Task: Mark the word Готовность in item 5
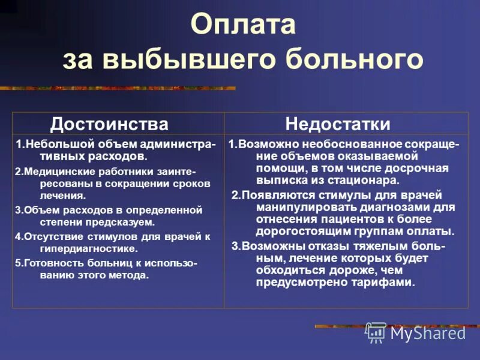pyautogui.click(x=52, y=263)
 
